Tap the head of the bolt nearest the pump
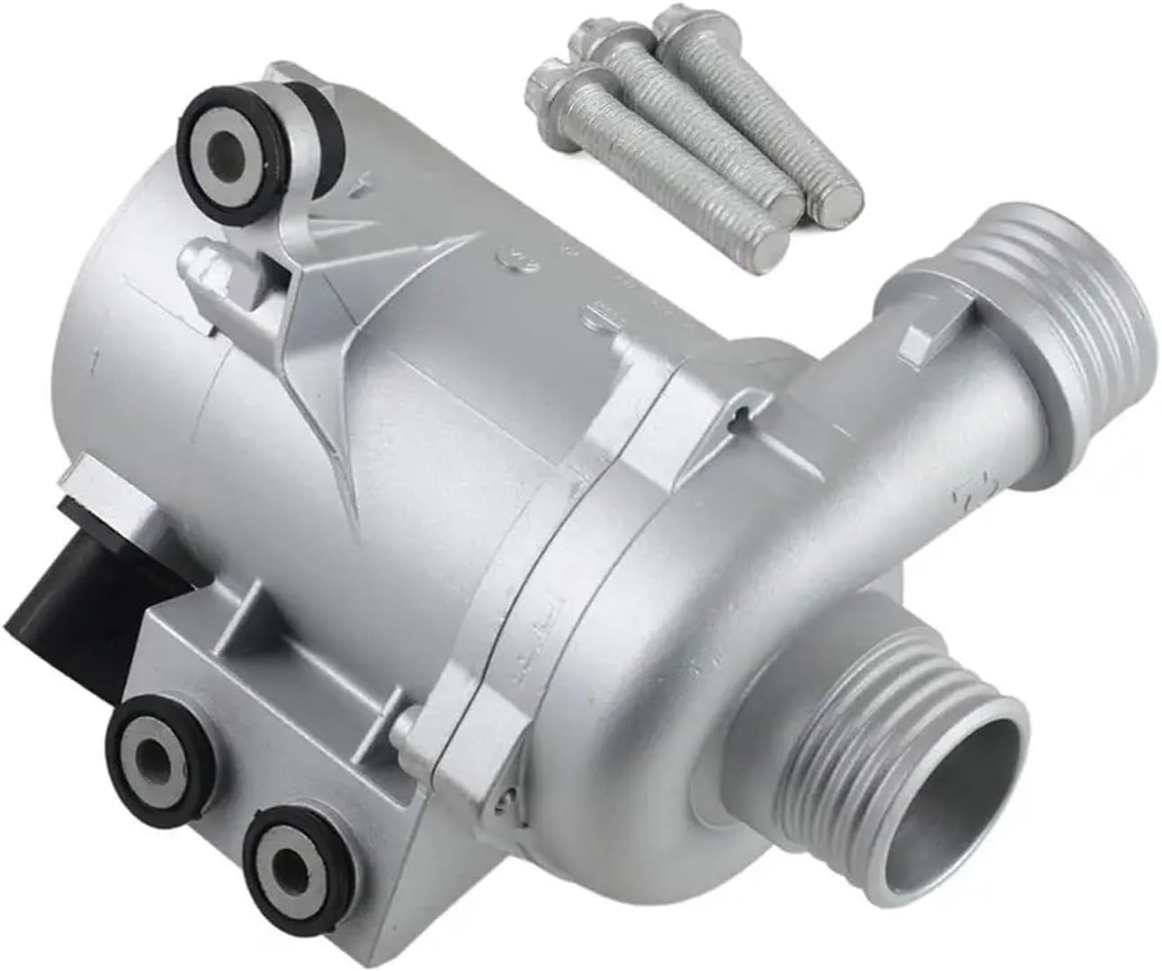click(550, 83)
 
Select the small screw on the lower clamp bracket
click(506, 792)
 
